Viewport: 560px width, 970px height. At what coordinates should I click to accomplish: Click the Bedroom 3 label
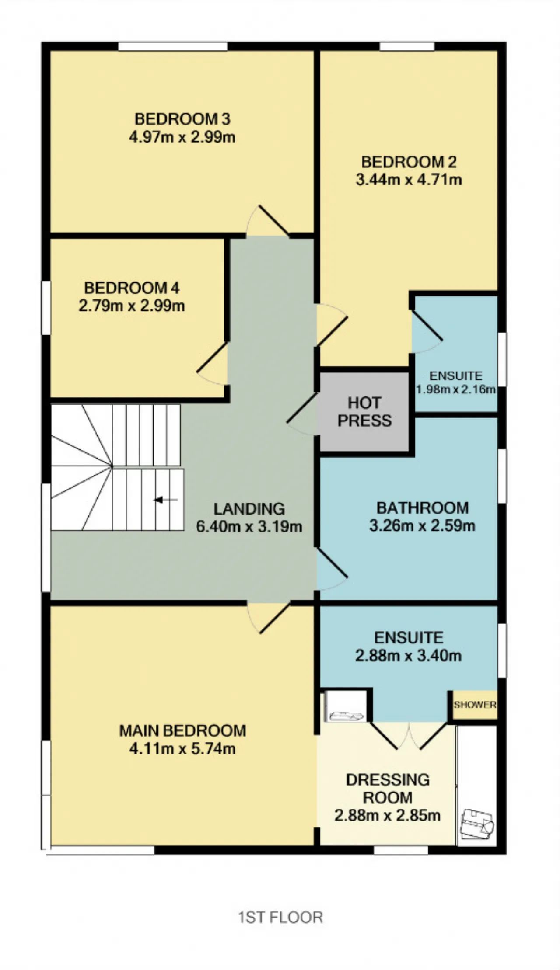(182, 119)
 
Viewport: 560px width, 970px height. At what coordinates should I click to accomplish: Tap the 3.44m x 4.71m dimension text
(409, 180)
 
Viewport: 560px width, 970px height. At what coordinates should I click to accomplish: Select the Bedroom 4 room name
(132, 288)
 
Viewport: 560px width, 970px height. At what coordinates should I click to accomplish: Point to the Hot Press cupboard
(364, 412)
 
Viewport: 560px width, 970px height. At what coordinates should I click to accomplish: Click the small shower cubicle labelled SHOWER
(475, 705)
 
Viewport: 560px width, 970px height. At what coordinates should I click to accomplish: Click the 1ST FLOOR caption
(280, 918)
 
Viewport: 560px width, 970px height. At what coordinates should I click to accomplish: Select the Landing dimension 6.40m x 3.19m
(249, 527)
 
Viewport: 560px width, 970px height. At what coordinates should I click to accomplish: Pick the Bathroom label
(422, 508)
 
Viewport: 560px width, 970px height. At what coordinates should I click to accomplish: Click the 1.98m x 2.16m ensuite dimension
(455, 389)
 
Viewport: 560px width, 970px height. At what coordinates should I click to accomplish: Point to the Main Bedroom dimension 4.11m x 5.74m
(182, 749)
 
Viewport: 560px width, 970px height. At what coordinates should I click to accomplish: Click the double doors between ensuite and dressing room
(409, 736)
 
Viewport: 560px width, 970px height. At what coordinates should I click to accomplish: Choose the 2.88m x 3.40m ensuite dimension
(408, 656)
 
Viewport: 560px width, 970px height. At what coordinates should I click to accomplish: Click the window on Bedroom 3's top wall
(173, 46)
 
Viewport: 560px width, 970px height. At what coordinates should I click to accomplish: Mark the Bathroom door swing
(332, 568)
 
